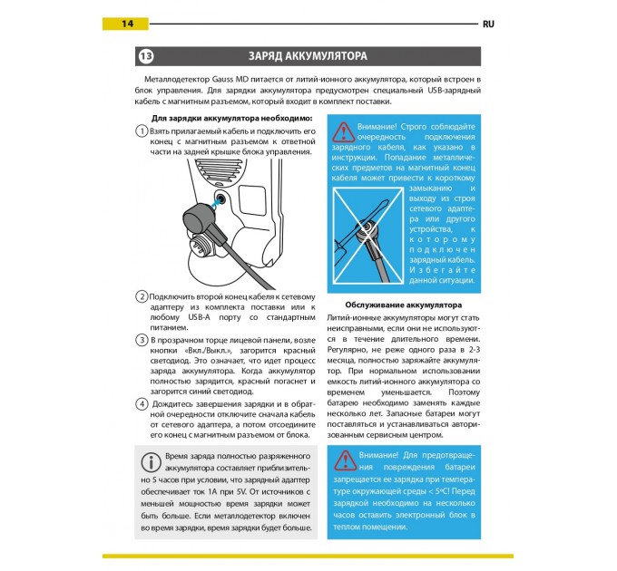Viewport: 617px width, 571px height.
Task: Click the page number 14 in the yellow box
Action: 127,23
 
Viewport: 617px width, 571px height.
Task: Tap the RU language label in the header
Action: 486,24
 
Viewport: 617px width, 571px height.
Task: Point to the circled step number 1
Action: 142,132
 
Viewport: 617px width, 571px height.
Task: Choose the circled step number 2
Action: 142,297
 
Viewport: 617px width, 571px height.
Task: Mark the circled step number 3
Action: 142,339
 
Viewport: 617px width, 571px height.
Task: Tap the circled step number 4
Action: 142,404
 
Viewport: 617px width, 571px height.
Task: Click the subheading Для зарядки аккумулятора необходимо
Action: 230,119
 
